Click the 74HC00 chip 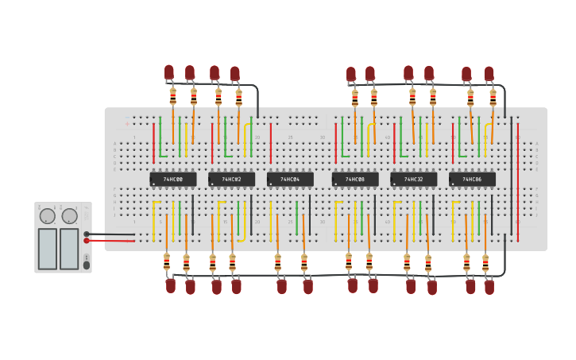pos(172,180)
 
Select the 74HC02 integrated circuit pos(231,180)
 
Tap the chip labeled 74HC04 pos(290,180)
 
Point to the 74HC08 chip pos(355,180)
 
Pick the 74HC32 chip pos(413,180)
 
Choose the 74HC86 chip pos(472,180)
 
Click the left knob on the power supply pos(47,216)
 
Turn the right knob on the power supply pos(69,216)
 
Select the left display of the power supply pos(48,249)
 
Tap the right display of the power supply pos(69,249)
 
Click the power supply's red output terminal pos(87,240)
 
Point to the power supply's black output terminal pos(87,234)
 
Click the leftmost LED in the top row pos(169,72)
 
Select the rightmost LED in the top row pos(489,73)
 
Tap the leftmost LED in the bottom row pos(171,285)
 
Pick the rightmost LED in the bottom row pos(489,286)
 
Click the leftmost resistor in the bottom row pos(166,261)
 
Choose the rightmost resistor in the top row pos(493,98)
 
